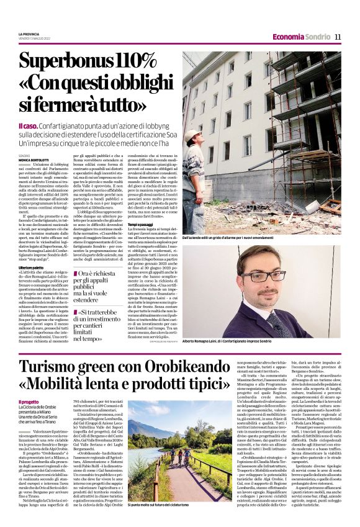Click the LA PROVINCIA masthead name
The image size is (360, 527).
coord(29,34)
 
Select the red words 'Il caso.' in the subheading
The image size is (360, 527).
coord(48,127)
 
